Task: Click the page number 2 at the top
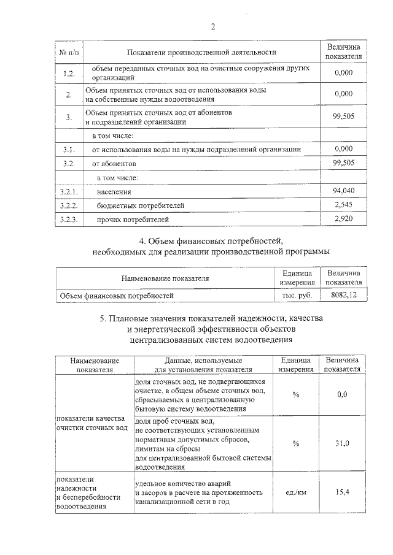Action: tap(213, 26)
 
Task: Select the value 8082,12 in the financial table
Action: tap(343, 295)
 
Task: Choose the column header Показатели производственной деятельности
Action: tap(202, 52)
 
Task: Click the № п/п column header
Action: tap(69, 52)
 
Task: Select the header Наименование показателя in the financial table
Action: tap(165, 278)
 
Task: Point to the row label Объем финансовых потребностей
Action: tap(117, 296)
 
